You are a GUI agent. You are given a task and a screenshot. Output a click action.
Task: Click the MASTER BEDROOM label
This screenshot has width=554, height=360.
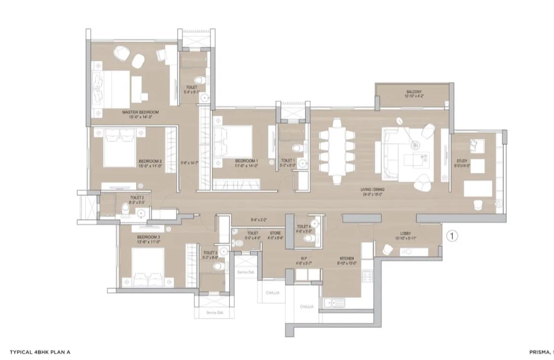pos(144,112)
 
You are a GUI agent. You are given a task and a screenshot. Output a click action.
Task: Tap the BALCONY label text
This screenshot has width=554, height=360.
pos(413,92)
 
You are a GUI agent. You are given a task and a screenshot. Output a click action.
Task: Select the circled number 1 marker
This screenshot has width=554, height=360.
pos(452,236)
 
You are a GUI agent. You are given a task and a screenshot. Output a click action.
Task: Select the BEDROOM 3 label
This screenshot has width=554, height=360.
pos(148,237)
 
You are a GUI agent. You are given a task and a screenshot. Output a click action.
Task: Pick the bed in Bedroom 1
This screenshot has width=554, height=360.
pos(234,141)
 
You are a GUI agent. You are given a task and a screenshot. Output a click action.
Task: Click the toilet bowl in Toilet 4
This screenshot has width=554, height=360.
pos(309,239)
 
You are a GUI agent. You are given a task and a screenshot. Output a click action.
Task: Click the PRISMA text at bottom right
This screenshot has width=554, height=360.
pos(539,352)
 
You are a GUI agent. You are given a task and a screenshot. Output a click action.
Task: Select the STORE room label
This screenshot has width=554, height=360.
pos(276,233)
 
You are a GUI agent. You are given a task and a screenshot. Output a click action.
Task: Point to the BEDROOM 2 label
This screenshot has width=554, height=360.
pos(150,162)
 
